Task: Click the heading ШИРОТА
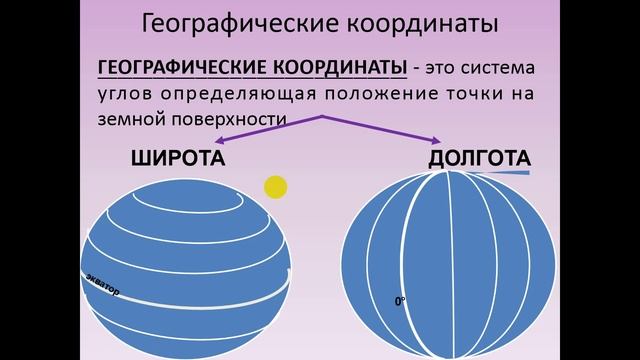(x=176, y=160)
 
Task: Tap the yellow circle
(x=275, y=186)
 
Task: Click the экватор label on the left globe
(x=100, y=284)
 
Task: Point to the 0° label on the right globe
(x=400, y=299)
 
